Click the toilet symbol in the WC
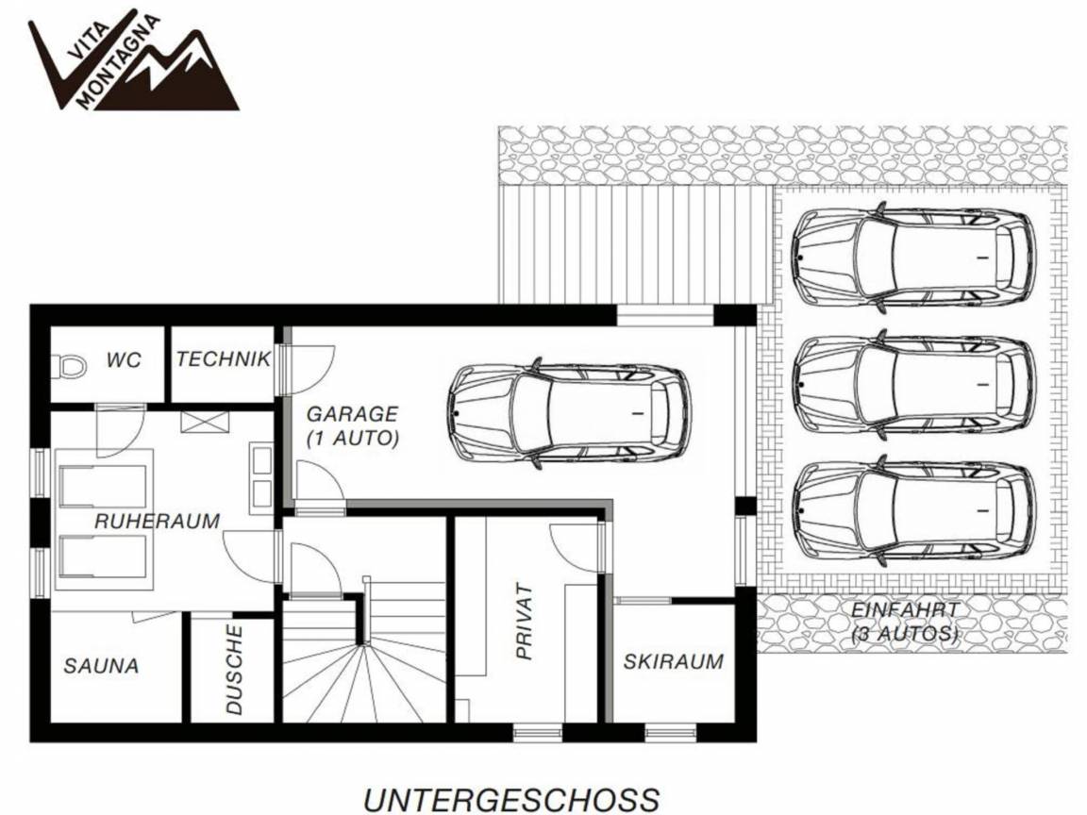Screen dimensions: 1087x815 (x=70, y=366)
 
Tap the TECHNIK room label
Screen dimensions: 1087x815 (x=224, y=359)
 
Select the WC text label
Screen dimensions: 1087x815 (x=124, y=359)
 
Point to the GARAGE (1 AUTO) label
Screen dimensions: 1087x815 (x=352, y=425)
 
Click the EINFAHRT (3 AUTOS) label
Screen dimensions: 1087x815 (x=905, y=622)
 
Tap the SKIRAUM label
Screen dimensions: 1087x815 (x=673, y=661)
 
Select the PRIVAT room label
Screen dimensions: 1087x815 (x=524, y=622)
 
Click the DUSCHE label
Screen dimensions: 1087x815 (x=234, y=670)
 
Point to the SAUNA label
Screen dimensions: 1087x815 (x=101, y=666)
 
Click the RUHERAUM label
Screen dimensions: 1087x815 (x=158, y=521)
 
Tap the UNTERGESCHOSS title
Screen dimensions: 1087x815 (x=511, y=799)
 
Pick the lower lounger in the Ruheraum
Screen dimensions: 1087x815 (x=104, y=556)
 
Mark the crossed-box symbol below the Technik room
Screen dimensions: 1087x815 (x=205, y=422)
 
